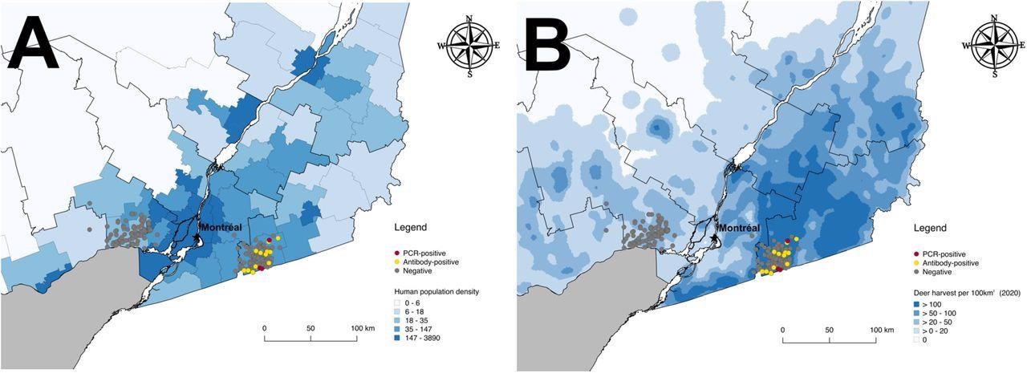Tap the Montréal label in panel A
[x=221, y=228]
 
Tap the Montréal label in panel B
[x=739, y=228]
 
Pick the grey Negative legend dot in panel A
[x=398, y=272]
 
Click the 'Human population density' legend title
[x=436, y=291]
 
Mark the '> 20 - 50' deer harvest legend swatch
[x=917, y=322]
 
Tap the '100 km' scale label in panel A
[x=361, y=329]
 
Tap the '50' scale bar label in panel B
[x=828, y=330]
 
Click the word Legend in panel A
[x=411, y=228]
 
